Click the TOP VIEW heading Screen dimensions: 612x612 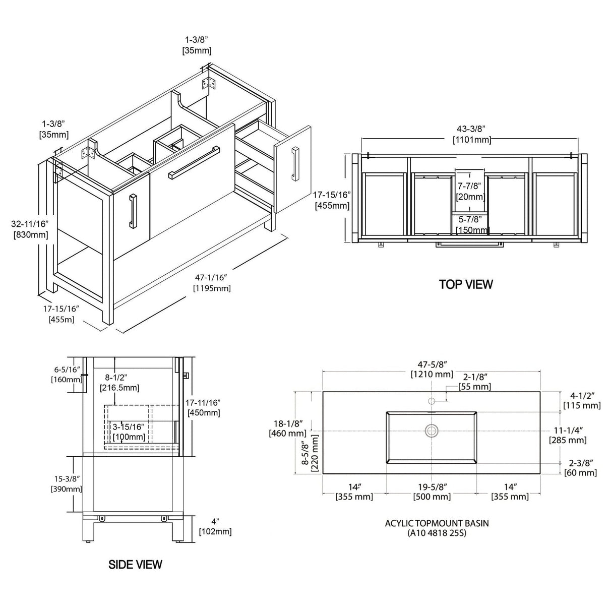(x=466, y=284)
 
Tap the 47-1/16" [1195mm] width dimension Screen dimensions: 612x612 (x=212, y=283)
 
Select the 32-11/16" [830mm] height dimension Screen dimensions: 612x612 (x=30, y=229)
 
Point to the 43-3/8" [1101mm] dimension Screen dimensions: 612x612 (x=472, y=134)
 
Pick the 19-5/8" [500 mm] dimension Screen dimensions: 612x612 (x=432, y=492)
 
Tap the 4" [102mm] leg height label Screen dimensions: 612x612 (x=215, y=527)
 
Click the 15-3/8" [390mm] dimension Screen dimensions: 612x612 (x=67, y=483)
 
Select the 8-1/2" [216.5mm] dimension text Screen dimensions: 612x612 (x=119, y=383)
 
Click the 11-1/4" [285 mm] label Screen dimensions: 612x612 (x=568, y=435)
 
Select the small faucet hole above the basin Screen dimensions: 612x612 (x=432, y=401)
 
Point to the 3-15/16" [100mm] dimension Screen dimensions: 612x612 (x=129, y=432)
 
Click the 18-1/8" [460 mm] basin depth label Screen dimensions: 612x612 (x=288, y=428)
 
